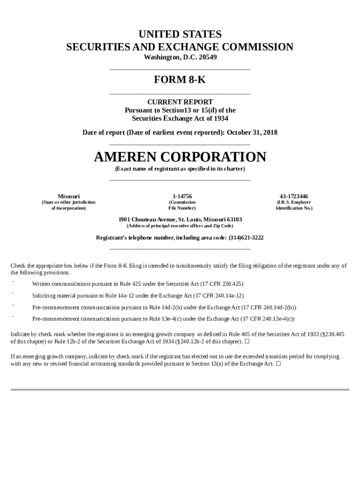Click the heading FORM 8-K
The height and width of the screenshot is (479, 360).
pos(180,80)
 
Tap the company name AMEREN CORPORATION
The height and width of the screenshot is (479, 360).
pos(180,157)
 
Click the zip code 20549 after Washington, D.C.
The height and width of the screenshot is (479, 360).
pos(207,57)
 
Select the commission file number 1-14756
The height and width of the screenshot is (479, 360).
pos(182,196)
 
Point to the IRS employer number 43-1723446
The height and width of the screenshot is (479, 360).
pos(294,196)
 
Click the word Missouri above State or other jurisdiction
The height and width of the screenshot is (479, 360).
pos(68,196)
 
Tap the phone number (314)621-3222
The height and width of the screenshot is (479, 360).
pos(246,238)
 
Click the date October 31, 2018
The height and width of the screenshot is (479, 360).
pos(252,132)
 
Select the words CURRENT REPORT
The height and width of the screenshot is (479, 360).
pos(180,102)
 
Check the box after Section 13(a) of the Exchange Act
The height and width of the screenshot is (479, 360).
pos(278,363)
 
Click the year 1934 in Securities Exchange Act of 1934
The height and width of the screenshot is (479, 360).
pos(220,118)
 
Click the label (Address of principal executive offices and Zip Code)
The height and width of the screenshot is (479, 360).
pos(180,225)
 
